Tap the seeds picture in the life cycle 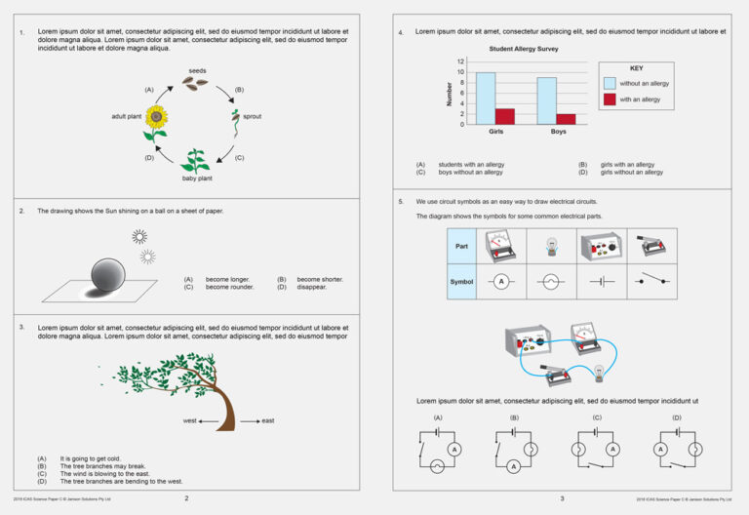(197, 84)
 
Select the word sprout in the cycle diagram (252, 116)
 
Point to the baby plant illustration (197, 160)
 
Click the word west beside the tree (190, 420)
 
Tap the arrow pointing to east (249, 420)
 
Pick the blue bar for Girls (486, 98)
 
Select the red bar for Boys (567, 119)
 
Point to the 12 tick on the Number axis (461, 61)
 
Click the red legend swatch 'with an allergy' (610, 99)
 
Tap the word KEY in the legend (636, 69)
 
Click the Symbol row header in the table (461, 281)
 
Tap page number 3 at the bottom (561, 498)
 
